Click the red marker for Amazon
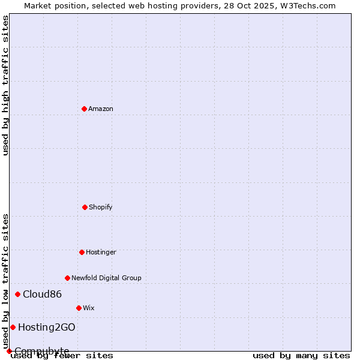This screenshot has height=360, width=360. pos(84,109)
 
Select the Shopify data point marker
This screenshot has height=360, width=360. pos(85,207)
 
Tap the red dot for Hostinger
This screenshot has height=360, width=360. pos(82,252)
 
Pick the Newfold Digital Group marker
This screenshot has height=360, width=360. pos(67,278)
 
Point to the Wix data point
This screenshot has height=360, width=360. pos(79,308)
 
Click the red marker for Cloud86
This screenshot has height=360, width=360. pos(17,294)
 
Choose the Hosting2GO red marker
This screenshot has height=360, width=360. pos(13,327)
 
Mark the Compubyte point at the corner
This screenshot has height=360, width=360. pos(9,351)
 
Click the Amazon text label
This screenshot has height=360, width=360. pos(101,109)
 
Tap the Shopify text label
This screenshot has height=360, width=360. pos(101,207)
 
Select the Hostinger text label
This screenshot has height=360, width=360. pos(101,252)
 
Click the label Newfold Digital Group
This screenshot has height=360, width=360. pos(106,278)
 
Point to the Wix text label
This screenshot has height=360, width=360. pos(89,308)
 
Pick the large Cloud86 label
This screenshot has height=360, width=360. pos(42,294)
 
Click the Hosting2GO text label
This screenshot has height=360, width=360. pos(46,327)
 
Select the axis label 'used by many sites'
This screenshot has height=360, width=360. pos(301,355)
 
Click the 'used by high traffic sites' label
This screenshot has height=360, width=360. pos(5,85)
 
